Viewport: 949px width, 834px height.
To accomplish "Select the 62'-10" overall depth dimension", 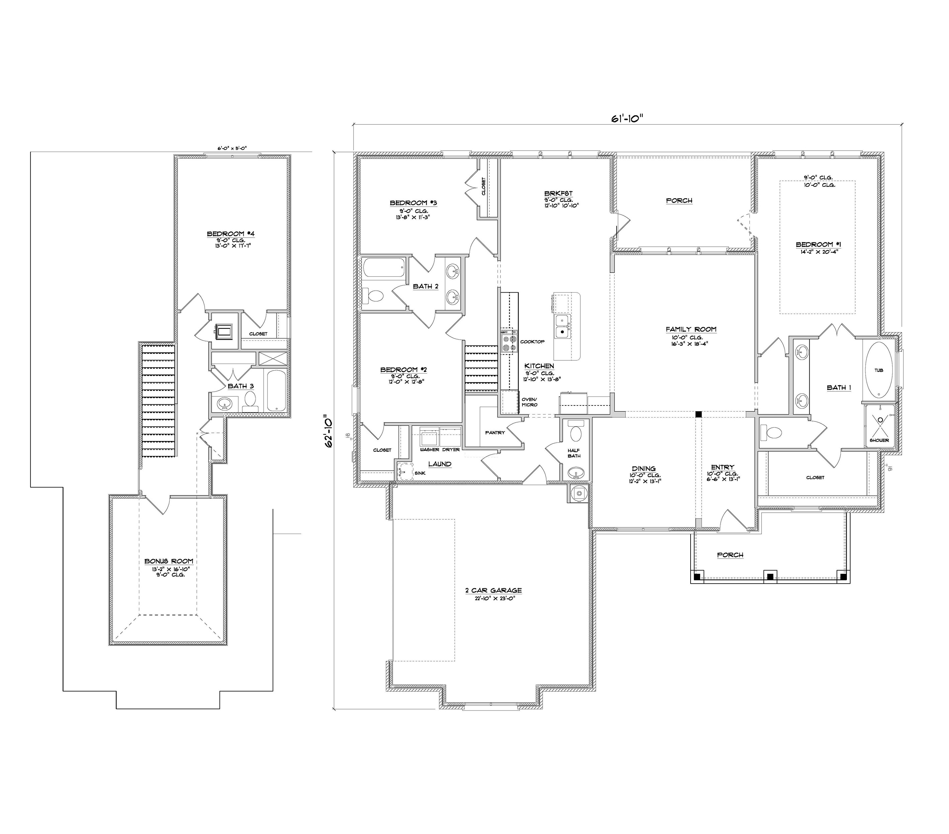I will pyautogui.click(x=329, y=431).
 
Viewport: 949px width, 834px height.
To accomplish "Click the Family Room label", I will pyautogui.click(x=691, y=329).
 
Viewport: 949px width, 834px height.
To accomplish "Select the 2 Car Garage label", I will pyautogui.click(x=493, y=590).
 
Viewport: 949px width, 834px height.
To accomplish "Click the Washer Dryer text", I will pyautogui.click(x=440, y=450).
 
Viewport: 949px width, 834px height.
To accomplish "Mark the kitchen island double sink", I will pyautogui.click(x=563, y=326).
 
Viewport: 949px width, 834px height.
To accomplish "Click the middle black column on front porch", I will pyautogui.click(x=770, y=577).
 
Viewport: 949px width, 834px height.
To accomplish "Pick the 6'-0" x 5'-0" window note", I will pyautogui.click(x=232, y=148).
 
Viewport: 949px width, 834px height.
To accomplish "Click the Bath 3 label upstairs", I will pyautogui.click(x=240, y=386).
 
